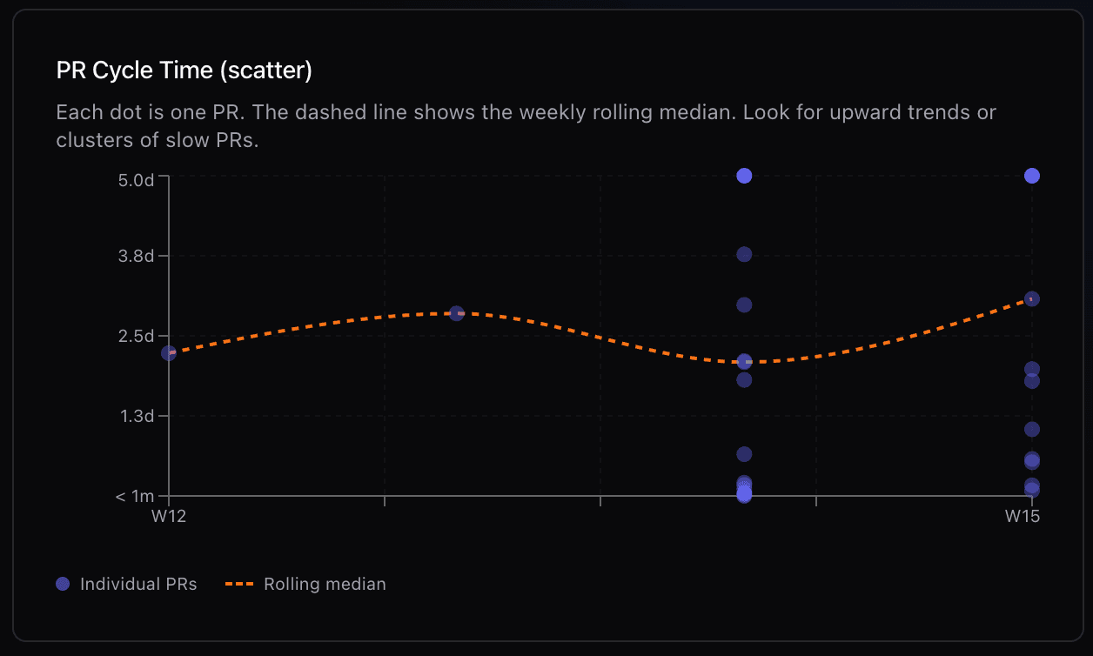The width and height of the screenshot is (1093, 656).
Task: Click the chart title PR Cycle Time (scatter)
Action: (x=184, y=70)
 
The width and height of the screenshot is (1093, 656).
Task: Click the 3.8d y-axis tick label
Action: (x=137, y=256)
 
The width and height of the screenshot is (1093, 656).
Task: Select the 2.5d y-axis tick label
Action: (x=137, y=336)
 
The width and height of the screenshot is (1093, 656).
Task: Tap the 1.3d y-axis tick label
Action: (x=137, y=416)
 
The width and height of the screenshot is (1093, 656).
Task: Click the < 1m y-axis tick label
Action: (x=135, y=496)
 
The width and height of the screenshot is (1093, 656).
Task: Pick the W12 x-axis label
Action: (x=169, y=516)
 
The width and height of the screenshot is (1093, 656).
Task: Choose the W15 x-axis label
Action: (x=1023, y=516)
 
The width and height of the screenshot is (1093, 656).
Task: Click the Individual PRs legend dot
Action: (x=63, y=584)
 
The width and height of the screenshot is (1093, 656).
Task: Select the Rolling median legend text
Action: (x=325, y=584)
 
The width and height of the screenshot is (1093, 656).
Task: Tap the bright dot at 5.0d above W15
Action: (x=1032, y=176)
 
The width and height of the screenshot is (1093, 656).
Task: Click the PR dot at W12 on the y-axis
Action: (x=169, y=352)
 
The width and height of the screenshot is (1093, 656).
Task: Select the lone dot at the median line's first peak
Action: (x=456, y=313)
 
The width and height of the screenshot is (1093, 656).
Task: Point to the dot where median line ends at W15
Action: (x=1032, y=298)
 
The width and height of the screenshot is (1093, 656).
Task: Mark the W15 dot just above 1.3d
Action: (x=1032, y=429)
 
